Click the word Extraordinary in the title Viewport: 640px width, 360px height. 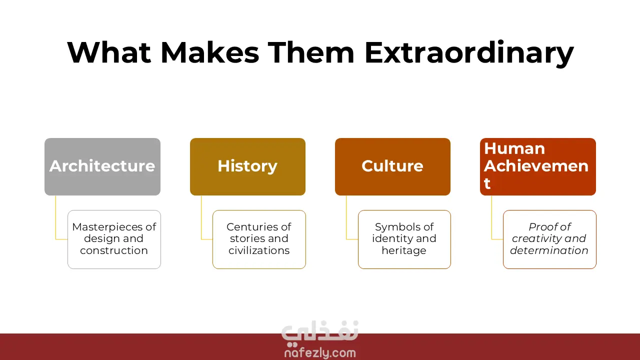click(x=469, y=53)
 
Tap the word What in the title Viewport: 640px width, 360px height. click(x=109, y=52)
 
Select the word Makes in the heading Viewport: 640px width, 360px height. click(x=210, y=52)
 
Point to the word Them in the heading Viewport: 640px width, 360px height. click(x=311, y=52)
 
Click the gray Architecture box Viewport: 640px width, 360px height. click(x=102, y=166)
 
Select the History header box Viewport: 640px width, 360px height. click(x=247, y=166)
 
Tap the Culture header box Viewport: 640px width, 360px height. click(x=392, y=166)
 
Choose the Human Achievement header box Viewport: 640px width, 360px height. click(x=538, y=166)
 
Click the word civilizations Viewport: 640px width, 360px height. click(x=259, y=250)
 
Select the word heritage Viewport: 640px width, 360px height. click(x=404, y=250)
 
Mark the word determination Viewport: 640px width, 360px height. click(x=549, y=250)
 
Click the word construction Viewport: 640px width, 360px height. click(x=113, y=250)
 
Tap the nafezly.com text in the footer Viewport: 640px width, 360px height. click(x=320, y=353)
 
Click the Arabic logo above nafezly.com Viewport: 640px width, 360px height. click(x=320, y=333)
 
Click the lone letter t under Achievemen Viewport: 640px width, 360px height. click(x=487, y=183)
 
